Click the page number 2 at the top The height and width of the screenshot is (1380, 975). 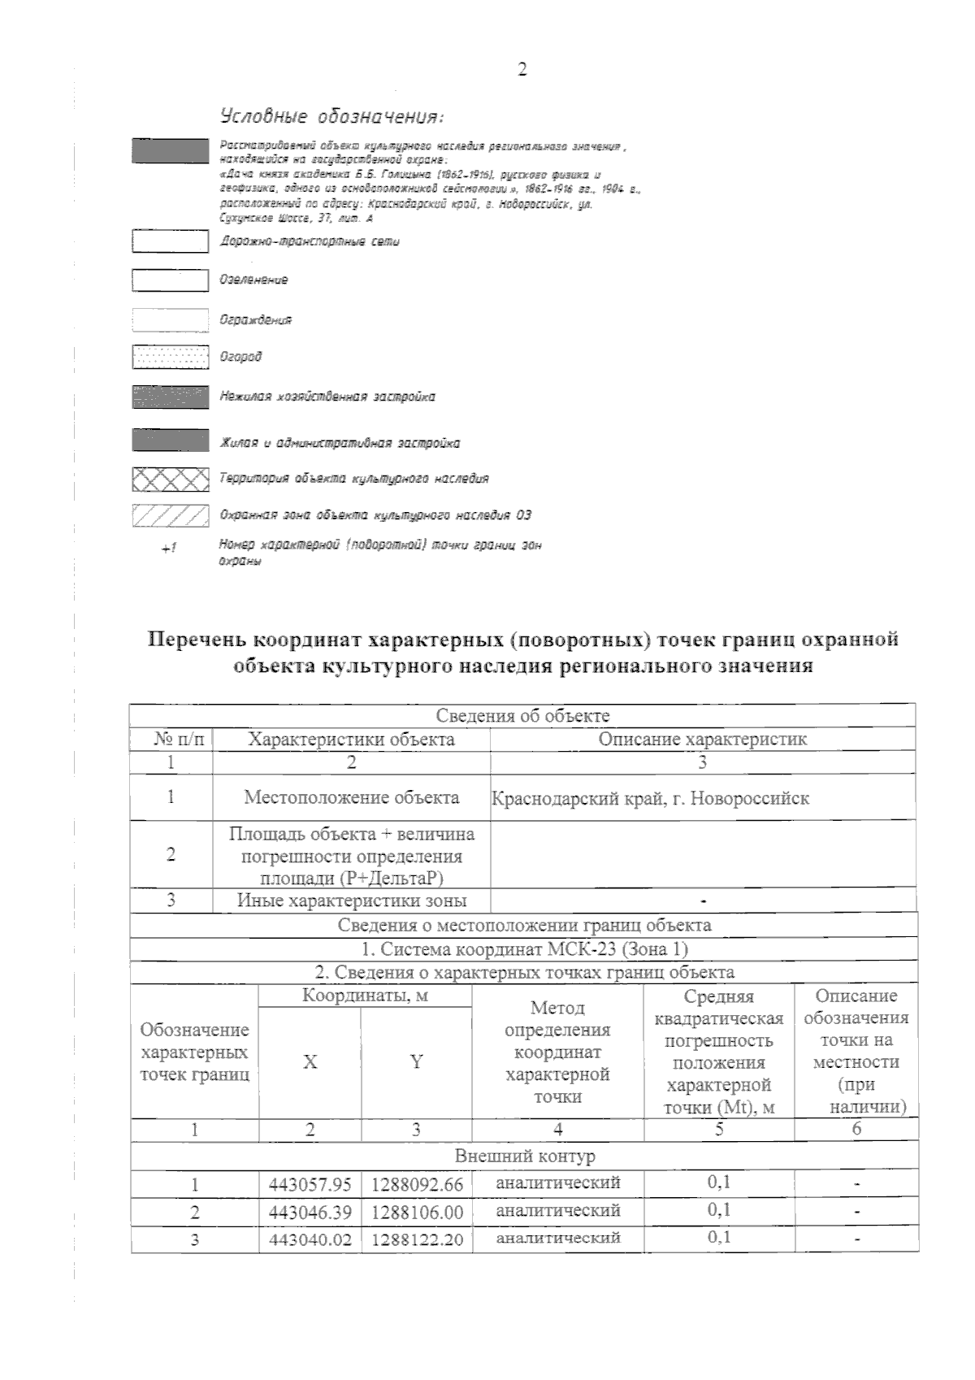(522, 70)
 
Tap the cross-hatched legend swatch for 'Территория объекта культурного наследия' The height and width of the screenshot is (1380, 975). (170, 480)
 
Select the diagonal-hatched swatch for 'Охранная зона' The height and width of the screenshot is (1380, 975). (170, 515)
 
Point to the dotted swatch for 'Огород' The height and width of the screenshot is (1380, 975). (170, 357)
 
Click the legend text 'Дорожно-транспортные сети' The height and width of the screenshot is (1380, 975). (310, 241)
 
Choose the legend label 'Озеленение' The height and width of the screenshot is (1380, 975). (253, 280)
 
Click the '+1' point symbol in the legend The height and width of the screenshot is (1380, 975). (168, 549)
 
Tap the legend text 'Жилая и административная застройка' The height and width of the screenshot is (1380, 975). (340, 443)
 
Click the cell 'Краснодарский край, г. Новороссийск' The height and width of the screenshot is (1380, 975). (650, 797)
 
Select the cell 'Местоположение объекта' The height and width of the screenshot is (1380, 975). (351, 797)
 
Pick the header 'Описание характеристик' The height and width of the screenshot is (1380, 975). (702, 739)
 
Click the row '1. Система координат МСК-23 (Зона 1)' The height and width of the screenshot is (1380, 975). (524, 948)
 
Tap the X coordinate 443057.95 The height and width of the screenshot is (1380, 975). (310, 1185)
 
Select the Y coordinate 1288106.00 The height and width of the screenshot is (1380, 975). (416, 1213)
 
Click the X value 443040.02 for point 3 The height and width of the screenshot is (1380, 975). (310, 1240)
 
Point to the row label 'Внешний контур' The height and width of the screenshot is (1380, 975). (524, 1156)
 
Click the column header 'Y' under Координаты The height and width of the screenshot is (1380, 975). (416, 1061)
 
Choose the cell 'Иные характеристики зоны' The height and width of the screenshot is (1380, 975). (351, 900)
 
